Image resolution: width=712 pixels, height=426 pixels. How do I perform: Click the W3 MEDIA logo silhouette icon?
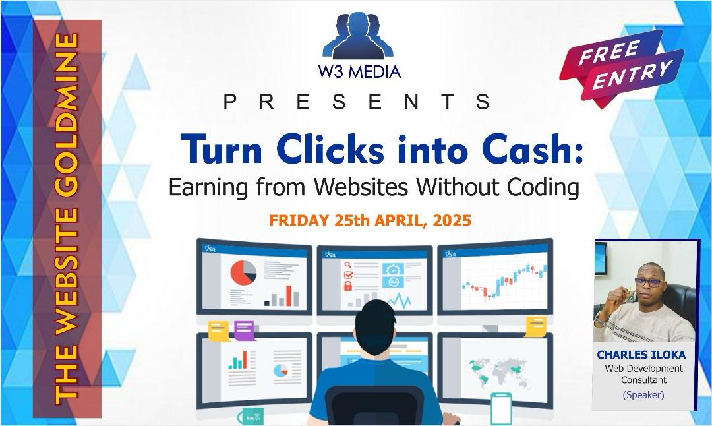(x=358, y=36)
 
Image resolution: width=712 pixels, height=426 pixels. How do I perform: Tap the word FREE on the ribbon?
(x=610, y=52)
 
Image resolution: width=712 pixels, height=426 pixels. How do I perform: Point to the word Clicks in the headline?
(x=330, y=149)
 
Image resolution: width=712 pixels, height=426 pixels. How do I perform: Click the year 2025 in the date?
(x=452, y=220)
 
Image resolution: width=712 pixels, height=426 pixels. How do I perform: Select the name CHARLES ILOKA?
(x=641, y=355)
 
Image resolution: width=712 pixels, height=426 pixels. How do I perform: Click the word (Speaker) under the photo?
(x=643, y=394)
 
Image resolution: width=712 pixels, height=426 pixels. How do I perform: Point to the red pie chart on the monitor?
(x=243, y=273)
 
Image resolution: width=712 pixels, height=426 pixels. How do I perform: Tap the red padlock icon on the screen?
(x=348, y=286)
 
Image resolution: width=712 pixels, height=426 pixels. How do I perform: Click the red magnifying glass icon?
(x=348, y=265)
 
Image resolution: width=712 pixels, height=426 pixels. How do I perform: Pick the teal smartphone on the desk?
(x=501, y=410)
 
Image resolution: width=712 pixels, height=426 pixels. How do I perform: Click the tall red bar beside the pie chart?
(x=288, y=295)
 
